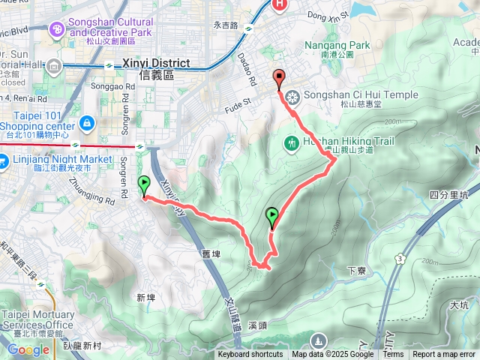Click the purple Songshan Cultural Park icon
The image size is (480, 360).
pyautogui.click(x=56, y=28)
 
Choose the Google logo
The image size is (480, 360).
pyautogui.click(x=28, y=349)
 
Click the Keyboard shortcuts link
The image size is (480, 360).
pyautogui.click(x=250, y=355)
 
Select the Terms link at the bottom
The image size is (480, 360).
pyautogui.click(x=393, y=355)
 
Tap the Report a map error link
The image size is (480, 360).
pyautogui.click(x=444, y=355)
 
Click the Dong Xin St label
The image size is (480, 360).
pyautogui.click(x=328, y=14)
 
